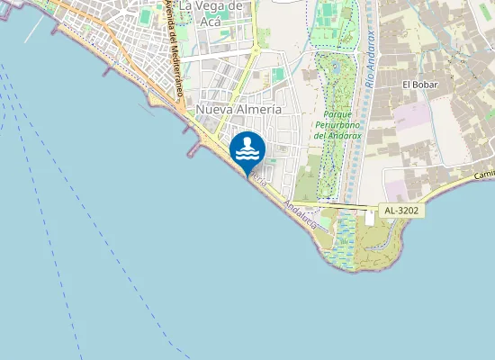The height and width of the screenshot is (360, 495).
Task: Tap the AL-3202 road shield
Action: click(x=400, y=211)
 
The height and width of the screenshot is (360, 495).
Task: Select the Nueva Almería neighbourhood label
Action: click(x=238, y=109)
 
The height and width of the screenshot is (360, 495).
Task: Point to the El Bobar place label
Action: click(x=418, y=85)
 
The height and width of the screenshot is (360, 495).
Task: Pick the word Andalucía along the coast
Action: click(x=299, y=213)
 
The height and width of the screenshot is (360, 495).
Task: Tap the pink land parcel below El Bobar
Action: click(x=413, y=115)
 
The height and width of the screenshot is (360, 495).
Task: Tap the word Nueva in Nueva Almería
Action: click(x=214, y=109)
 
